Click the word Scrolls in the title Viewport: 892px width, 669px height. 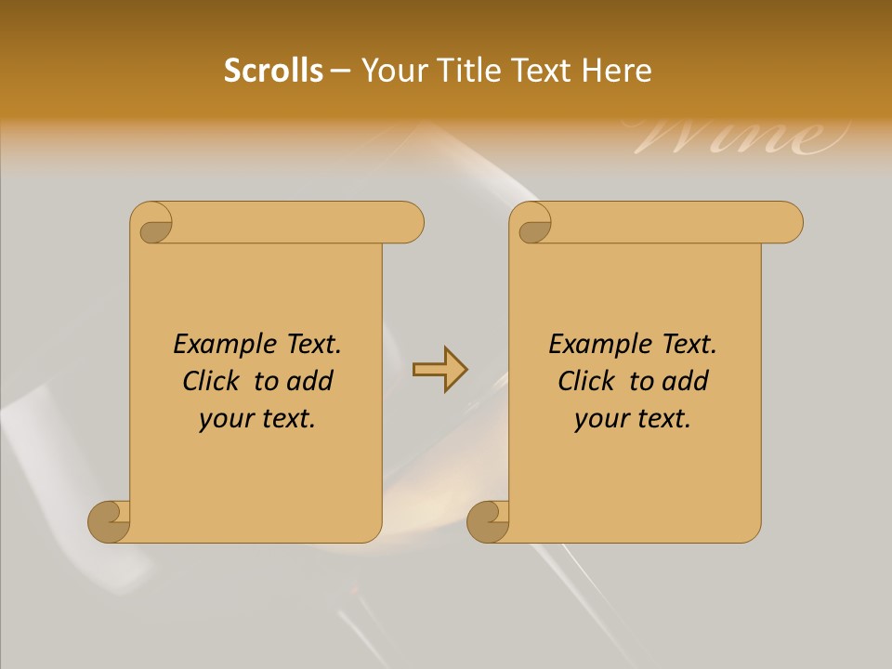[273, 71]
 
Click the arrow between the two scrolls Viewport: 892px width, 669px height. [439, 369]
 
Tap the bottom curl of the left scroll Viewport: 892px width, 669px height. [110, 521]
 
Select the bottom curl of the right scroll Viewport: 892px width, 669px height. [488, 521]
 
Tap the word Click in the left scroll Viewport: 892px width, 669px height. [211, 381]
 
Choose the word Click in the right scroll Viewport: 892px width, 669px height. [586, 381]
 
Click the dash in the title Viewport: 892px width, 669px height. [340, 71]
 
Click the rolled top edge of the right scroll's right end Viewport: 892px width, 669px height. [785, 223]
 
